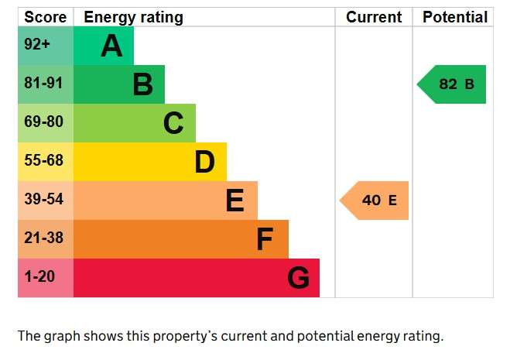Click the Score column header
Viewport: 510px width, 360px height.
[x=45, y=17]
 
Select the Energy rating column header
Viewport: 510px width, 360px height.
[x=133, y=18]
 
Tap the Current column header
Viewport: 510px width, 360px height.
[x=374, y=17]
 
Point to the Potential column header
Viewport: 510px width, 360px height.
[x=455, y=17]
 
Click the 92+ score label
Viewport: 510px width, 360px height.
[x=37, y=44]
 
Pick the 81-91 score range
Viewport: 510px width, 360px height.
[x=43, y=83]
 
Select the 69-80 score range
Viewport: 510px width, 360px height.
[x=43, y=122]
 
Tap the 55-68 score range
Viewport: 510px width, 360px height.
[x=43, y=160]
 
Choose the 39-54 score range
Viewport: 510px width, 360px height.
[x=43, y=199]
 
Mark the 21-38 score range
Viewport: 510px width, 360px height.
[x=43, y=238]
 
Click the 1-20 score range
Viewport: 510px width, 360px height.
[x=39, y=276]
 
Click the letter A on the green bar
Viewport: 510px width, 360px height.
[x=111, y=46]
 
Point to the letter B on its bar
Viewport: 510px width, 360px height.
[x=143, y=84]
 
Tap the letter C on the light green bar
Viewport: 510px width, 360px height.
[x=173, y=123]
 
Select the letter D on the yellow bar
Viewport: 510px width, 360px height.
[x=205, y=162]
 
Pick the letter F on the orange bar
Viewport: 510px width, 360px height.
[x=265, y=239]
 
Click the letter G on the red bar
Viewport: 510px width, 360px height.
[x=298, y=278]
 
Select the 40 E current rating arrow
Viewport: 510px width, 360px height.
[x=374, y=201]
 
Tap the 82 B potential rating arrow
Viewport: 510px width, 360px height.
[x=451, y=84]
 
